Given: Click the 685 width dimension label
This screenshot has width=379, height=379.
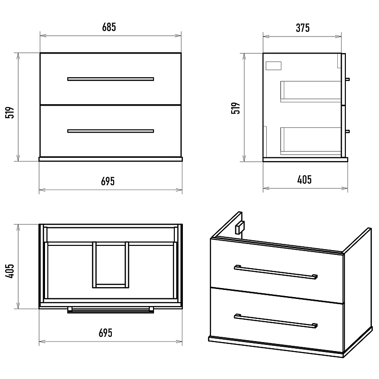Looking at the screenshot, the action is [109, 27].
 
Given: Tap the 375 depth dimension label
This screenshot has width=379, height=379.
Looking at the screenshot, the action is [303, 28].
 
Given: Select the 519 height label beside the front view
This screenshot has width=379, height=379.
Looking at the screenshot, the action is [9, 112].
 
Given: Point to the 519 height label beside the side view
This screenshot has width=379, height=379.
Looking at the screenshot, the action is [235, 108].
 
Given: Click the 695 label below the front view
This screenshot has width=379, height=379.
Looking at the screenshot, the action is [108, 181].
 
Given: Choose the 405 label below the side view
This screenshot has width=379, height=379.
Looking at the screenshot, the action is [305, 180].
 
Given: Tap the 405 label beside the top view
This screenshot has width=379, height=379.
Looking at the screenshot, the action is [9, 271].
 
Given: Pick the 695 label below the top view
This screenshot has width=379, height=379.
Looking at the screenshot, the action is [106, 333].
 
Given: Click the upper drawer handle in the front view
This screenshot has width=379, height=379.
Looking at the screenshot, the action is [110, 79].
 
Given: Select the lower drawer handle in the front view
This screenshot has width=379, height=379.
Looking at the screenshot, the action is [110, 131].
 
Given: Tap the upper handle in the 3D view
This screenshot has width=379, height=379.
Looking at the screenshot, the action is [276, 272].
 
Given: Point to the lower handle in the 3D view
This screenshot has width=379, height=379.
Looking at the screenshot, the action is [276, 321].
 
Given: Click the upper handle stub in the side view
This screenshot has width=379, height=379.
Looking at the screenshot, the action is [347, 79].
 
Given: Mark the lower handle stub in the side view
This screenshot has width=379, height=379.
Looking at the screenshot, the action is [347, 132].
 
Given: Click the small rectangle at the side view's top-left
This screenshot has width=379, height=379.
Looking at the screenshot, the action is [273, 66].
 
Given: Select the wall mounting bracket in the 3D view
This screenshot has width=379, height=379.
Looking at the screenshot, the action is [240, 227].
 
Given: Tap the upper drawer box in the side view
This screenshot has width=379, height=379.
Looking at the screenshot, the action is [311, 91].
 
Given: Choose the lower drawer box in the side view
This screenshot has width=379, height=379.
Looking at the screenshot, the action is [311, 141].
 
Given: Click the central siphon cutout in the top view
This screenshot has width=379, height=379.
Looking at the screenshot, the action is [110, 265].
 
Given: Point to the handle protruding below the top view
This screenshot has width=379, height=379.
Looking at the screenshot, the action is [110, 310].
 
